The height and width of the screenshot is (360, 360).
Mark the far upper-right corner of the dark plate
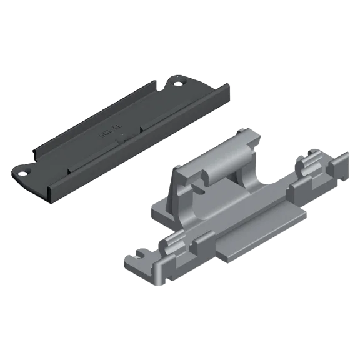pyautogui.click(x=226, y=87)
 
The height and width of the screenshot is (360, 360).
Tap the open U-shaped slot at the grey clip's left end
pyautogui.click(x=135, y=256)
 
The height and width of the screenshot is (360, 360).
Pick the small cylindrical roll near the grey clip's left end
pyautogui.click(x=170, y=245)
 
